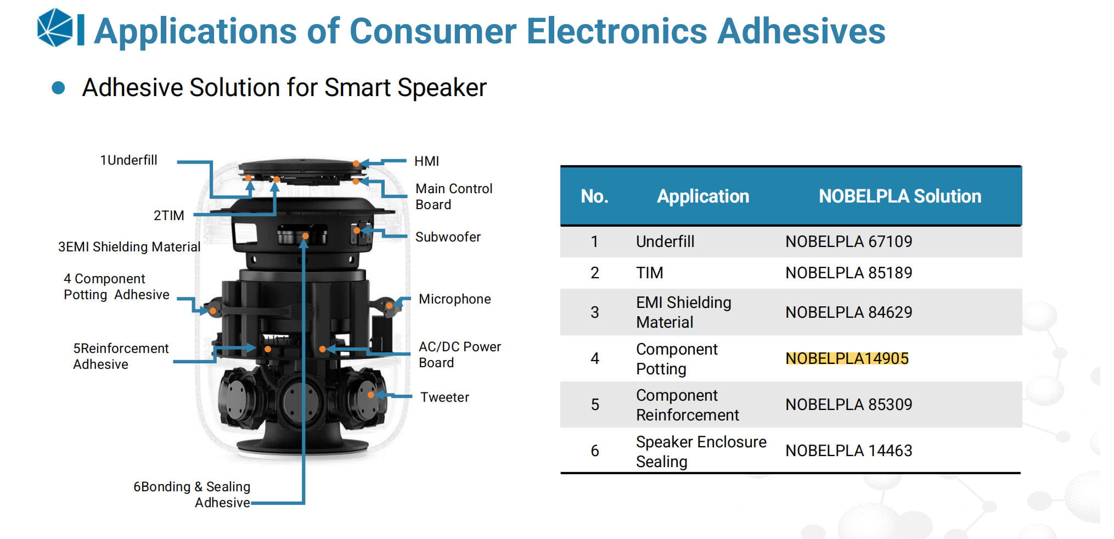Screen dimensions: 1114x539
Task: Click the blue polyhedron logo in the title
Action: click(55, 27)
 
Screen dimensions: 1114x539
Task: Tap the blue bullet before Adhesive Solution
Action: click(58, 88)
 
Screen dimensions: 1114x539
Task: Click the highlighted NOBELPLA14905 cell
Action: click(847, 358)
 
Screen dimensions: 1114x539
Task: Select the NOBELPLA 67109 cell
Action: click(848, 242)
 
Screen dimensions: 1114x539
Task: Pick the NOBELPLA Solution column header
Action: click(900, 196)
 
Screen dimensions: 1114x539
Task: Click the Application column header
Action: click(703, 196)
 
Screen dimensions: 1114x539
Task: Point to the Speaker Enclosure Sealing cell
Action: click(701, 451)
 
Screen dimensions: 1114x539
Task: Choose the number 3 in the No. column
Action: click(594, 312)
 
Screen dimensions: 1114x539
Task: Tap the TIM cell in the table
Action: click(650, 273)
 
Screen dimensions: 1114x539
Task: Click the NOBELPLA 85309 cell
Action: click(848, 405)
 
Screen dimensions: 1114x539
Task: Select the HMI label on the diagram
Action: click(426, 161)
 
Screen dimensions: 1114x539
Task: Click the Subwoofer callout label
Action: click(448, 237)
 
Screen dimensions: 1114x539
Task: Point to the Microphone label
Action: click(454, 299)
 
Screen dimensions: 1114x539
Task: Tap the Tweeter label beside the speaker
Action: click(445, 397)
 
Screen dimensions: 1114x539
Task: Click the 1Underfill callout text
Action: click(128, 160)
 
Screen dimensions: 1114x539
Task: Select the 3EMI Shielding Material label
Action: click(129, 247)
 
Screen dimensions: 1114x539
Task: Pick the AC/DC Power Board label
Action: click(460, 355)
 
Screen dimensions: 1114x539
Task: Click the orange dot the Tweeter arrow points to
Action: click(371, 395)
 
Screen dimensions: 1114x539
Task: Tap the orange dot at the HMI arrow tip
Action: click(356, 164)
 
